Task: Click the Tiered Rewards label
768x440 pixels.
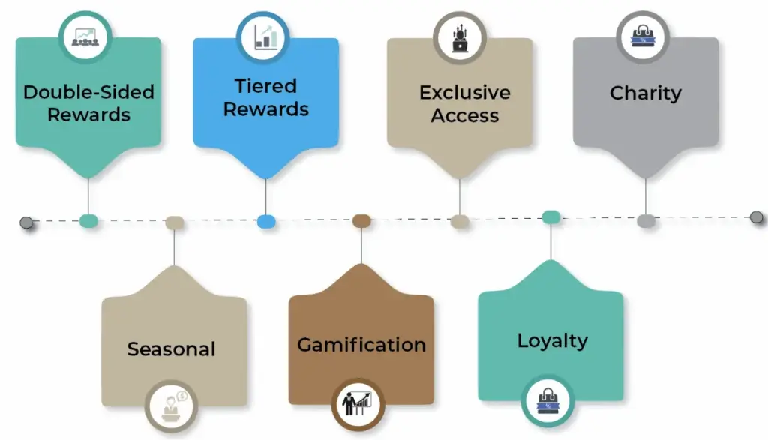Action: (265, 97)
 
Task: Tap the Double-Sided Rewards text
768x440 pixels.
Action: (88, 103)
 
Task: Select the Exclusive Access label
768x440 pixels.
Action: (464, 103)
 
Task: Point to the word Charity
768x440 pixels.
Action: (645, 93)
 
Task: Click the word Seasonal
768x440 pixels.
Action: (171, 349)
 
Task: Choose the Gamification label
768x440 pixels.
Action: (361, 345)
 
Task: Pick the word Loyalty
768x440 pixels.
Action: (552, 340)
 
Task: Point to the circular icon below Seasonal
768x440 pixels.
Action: (171, 406)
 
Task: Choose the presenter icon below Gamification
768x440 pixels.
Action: (358, 405)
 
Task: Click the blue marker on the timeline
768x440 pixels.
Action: (266, 221)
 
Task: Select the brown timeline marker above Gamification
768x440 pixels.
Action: (361, 220)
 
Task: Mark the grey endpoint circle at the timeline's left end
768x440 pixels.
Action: (26, 222)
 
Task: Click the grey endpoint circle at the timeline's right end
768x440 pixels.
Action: (756, 217)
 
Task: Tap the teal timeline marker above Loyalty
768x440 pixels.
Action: (551, 217)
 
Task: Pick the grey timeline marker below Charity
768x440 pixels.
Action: (646, 220)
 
